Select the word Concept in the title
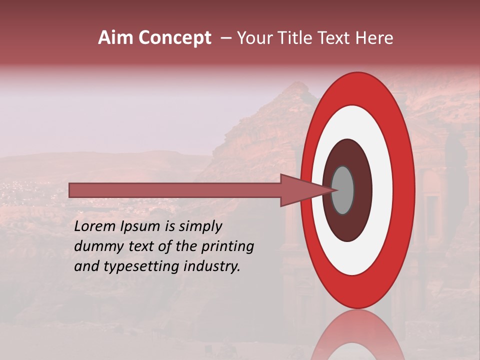point(174,38)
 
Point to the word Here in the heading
point(374,38)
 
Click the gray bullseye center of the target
point(343,190)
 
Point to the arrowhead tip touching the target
point(334,190)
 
